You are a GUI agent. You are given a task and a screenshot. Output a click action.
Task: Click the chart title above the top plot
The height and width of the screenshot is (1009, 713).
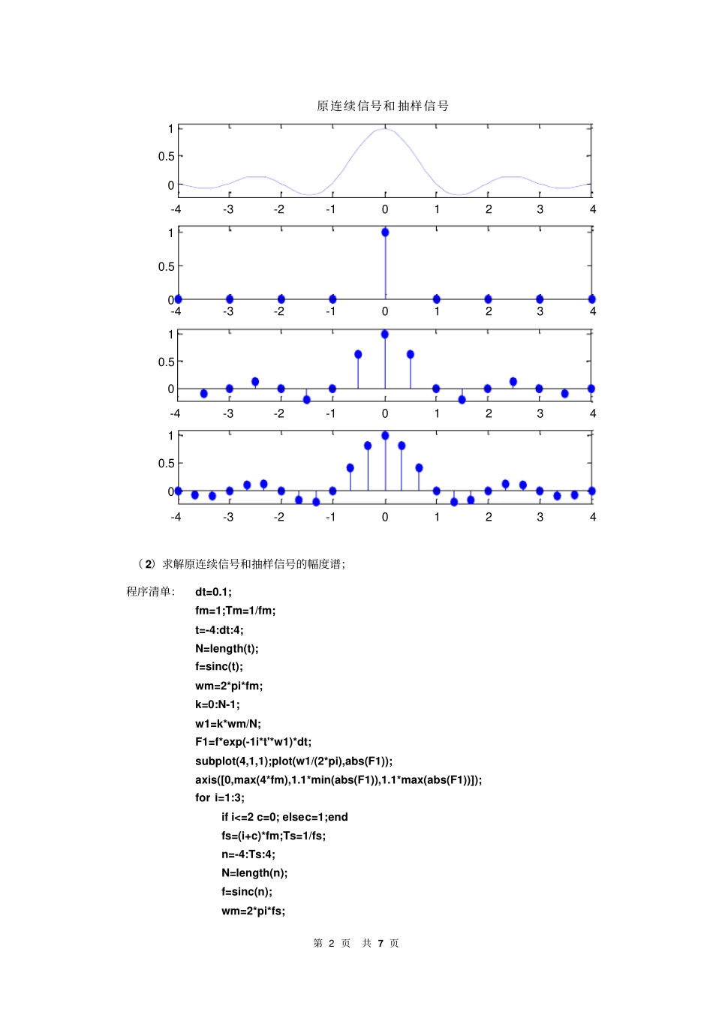[383, 106]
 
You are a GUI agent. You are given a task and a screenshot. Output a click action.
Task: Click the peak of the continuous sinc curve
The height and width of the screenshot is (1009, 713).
[384, 129]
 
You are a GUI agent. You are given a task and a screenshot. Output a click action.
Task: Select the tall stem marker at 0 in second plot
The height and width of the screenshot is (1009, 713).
[385, 233]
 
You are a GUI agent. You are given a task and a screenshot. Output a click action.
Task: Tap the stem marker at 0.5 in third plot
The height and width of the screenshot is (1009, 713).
[411, 354]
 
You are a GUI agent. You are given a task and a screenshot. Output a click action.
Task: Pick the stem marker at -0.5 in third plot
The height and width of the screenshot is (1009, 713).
[358, 354]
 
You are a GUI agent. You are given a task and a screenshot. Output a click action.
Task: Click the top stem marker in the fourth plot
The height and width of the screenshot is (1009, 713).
[385, 435]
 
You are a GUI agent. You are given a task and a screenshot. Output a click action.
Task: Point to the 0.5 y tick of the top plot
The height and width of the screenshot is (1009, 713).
[166, 156]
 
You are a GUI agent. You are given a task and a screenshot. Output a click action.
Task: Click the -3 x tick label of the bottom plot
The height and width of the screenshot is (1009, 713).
[228, 517]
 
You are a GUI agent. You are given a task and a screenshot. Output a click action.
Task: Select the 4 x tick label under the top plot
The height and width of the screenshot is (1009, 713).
[593, 209]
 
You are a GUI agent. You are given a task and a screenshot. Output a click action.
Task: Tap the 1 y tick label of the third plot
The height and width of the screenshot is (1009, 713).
[170, 334]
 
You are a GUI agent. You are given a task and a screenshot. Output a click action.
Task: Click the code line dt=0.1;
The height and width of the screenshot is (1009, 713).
[213, 592]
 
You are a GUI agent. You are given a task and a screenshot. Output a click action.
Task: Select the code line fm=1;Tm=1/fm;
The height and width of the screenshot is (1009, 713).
[235, 611]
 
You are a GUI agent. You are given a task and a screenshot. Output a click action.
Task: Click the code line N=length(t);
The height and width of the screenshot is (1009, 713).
[227, 648]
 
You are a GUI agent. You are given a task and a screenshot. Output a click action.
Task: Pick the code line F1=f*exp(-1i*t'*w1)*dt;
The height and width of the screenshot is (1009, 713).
[253, 742]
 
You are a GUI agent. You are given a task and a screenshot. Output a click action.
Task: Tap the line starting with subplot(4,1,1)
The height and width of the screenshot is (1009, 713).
[293, 761]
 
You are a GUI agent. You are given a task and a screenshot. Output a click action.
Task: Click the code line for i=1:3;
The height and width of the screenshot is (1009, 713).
[219, 797]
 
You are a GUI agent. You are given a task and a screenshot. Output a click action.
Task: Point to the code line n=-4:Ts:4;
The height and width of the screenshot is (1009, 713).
[248, 854]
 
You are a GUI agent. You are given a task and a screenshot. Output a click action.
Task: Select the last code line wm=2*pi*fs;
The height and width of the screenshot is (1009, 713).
[253, 911]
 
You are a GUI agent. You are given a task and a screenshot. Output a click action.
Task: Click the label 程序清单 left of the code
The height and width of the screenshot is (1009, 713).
[149, 592]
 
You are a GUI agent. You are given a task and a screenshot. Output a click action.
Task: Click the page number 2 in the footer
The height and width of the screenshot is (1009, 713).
[331, 943]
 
